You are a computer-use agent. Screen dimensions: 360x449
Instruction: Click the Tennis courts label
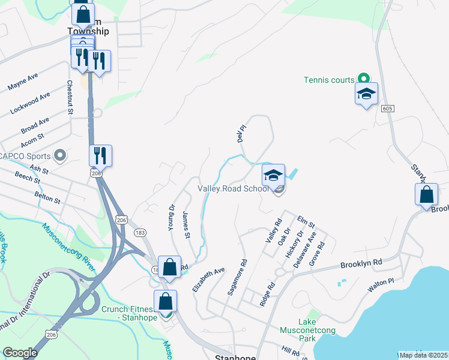tap(330, 79)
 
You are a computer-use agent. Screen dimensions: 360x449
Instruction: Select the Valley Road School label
tap(233, 188)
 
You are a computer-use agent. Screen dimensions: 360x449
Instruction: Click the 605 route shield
tap(387, 107)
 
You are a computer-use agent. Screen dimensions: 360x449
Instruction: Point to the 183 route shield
tap(140, 232)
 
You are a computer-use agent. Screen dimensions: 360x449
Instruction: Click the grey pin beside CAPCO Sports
tap(59, 156)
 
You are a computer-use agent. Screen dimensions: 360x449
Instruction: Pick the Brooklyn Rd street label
tap(361, 263)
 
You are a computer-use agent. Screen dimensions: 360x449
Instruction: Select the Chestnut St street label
tap(70, 97)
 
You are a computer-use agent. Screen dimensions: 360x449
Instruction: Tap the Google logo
tap(20, 353)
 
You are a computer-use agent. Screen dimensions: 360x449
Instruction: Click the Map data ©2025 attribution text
tap(424, 355)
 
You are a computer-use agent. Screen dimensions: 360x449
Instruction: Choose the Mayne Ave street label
tap(23, 82)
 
